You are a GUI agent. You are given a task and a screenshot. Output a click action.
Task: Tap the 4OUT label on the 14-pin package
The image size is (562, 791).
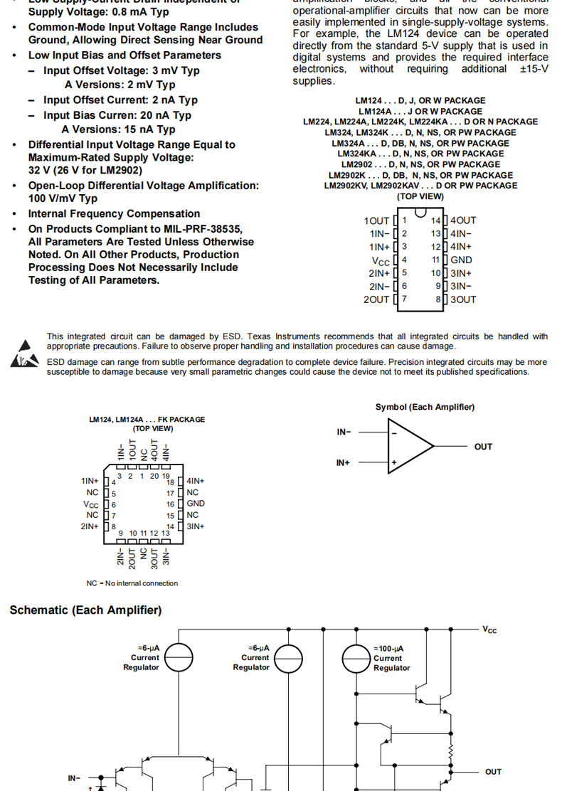point(463,221)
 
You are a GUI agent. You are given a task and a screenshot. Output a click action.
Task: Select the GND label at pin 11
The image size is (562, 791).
point(461,260)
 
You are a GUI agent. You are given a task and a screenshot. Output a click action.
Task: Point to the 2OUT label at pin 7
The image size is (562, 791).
point(376,299)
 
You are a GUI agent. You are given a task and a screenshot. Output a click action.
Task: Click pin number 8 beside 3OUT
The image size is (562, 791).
point(438,299)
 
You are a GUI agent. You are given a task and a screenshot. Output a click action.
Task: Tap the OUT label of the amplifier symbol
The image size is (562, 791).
point(483,447)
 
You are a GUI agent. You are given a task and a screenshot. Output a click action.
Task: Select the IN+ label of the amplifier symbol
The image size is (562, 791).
point(343,463)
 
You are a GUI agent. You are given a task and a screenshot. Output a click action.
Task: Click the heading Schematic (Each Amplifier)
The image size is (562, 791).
point(85,610)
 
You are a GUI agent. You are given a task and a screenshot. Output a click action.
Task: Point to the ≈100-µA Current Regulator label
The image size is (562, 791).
point(391,658)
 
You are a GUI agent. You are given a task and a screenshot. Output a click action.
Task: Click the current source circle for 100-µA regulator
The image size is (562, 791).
point(356,658)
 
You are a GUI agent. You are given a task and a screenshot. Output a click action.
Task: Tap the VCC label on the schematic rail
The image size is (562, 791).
point(489,630)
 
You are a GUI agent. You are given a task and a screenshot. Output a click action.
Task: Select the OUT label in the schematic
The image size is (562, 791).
point(493,772)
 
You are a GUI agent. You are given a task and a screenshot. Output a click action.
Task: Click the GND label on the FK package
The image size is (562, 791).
point(196,504)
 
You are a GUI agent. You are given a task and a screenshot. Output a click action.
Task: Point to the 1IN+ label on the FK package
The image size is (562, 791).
point(90,481)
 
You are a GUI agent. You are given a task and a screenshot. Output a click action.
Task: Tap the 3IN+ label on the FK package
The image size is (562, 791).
point(196,526)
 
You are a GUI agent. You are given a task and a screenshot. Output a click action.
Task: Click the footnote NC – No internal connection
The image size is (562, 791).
point(132,583)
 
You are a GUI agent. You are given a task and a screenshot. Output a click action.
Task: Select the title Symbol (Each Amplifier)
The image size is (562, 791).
point(425,407)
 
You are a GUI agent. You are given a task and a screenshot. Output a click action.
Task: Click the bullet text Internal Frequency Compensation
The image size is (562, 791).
point(114,213)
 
